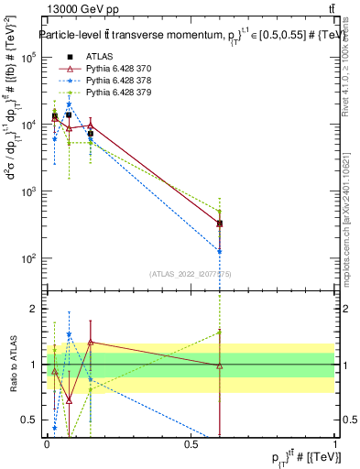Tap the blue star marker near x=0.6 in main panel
coord(219,251)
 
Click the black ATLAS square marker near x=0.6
coord(219,223)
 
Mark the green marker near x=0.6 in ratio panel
coord(219,332)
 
